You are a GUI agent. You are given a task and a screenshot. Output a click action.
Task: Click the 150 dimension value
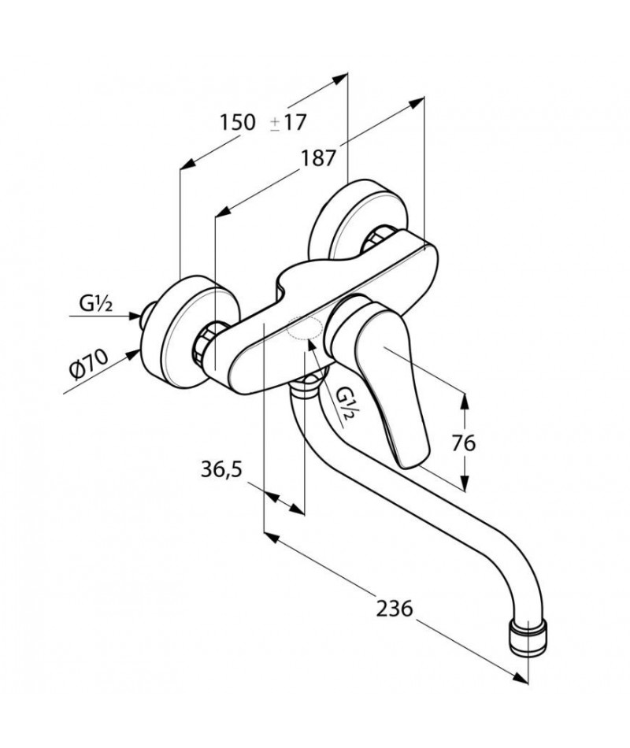pos(237,122)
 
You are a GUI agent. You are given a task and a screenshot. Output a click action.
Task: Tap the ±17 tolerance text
pos(287,123)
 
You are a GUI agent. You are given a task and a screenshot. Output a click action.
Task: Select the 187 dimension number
pos(318,158)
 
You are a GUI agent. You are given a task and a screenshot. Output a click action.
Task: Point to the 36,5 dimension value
pos(221,469)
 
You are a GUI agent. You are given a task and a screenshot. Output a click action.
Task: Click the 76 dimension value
pos(464,443)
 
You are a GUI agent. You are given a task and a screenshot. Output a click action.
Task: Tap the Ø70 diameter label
pos(88,364)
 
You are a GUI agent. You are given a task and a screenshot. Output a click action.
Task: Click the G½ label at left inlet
pos(95,303)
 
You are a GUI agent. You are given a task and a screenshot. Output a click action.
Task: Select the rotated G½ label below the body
pos(346,403)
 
